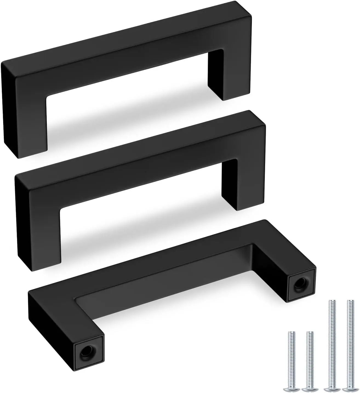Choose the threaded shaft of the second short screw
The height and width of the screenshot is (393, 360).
[310, 356]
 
